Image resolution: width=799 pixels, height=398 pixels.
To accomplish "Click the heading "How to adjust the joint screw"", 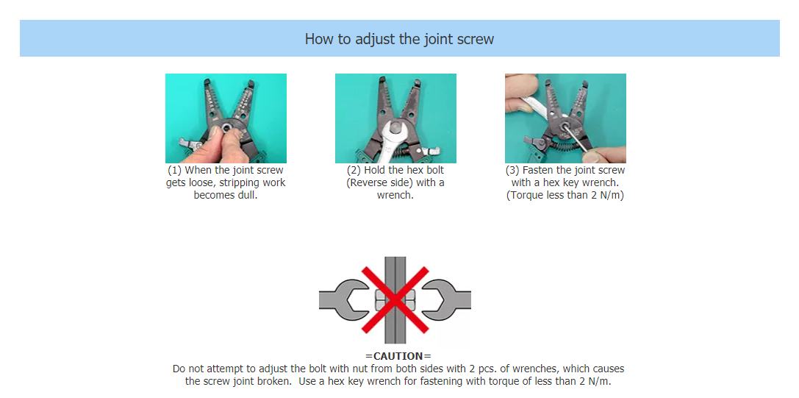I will point(399,39).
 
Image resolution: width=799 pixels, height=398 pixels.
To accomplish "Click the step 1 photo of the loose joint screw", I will point(226,118).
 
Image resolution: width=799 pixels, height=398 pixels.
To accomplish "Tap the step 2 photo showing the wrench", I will point(395,118).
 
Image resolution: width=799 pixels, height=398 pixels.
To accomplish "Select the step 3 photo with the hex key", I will point(565,118).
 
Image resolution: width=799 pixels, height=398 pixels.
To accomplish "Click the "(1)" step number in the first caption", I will point(175,170).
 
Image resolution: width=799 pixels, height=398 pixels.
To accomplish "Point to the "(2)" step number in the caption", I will point(354,170).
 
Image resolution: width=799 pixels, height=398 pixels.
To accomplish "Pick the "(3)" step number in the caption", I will point(512,170).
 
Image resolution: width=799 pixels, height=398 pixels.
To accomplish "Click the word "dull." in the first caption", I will point(246,196).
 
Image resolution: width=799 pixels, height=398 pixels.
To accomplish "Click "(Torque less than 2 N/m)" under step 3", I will point(565,196).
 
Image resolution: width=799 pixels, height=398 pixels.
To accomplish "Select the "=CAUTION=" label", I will point(398,356).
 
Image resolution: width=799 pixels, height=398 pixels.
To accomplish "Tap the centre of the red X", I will point(395,300).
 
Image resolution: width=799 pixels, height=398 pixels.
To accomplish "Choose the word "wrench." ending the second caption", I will point(395,196).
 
